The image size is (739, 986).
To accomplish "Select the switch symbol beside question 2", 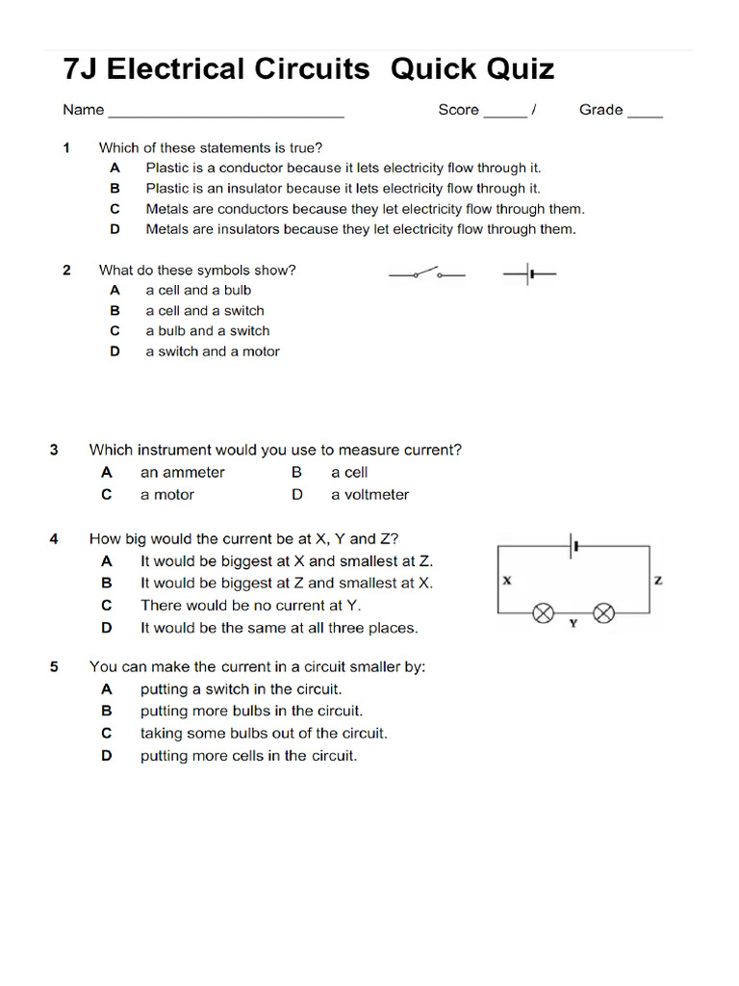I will (x=426, y=275).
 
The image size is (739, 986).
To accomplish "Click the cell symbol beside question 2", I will (x=529, y=275).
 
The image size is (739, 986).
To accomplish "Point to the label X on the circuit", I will (x=507, y=581).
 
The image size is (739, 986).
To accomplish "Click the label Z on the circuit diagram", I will (x=657, y=581).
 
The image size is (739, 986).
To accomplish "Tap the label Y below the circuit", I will (x=573, y=624).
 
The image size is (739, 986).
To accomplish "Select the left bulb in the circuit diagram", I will (x=544, y=612).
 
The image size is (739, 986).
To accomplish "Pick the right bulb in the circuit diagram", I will (x=603, y=612).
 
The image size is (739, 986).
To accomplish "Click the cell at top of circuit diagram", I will (x=574, y=547).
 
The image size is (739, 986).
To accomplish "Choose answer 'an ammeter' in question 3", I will (x=182, y=472).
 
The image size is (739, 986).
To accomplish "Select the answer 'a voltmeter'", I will (x=369, y=495).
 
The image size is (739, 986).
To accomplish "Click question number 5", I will (x=55, y=666).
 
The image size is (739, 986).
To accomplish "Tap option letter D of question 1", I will (x=115, y=229).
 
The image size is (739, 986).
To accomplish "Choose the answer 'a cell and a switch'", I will (x=204, y=311).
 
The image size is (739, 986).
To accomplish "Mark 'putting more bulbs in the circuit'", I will (x=251, y=711).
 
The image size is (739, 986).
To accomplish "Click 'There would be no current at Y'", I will (x=250, y=606).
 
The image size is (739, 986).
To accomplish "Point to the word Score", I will (x=458, y=110).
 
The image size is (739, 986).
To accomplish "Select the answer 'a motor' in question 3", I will (x=166, y=495).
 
